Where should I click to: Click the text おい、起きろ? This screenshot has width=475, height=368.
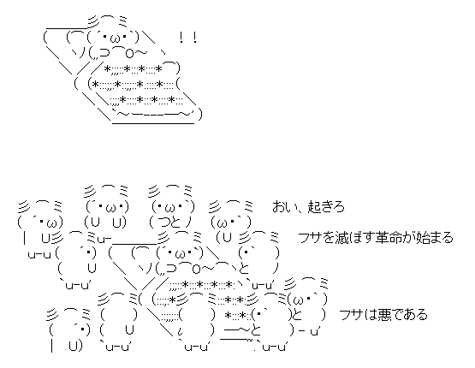[308, 207]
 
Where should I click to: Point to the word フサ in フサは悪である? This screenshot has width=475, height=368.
[350, 315]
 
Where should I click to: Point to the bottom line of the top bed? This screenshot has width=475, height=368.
[153, 123]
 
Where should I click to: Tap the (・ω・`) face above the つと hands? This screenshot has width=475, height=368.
[173, 207]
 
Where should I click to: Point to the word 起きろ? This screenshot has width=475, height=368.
[327, 207]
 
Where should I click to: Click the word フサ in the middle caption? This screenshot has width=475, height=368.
[310, 238]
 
